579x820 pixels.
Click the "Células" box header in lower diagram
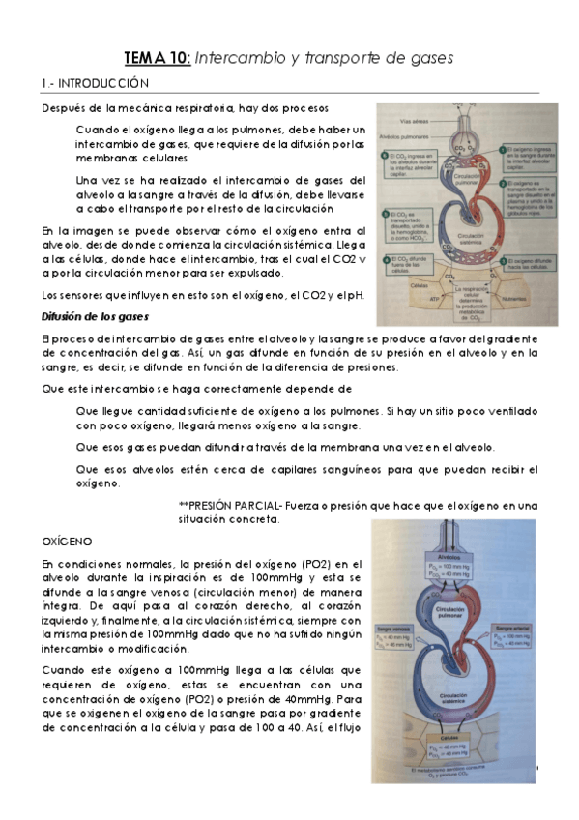[450, 738]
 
